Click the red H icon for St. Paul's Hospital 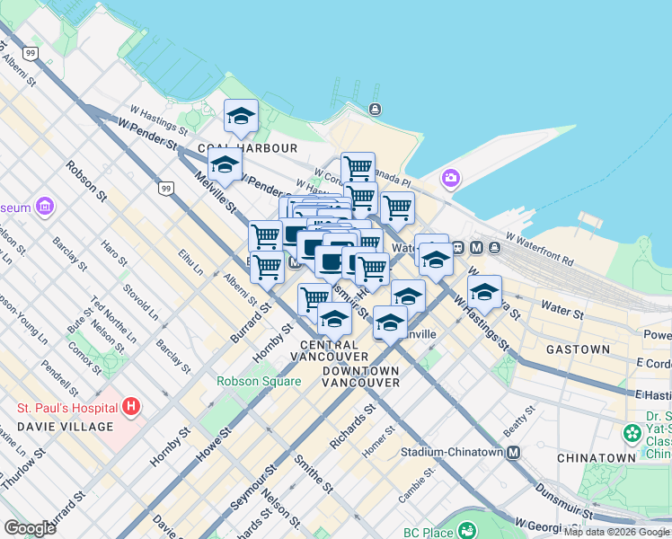tap(132, 407)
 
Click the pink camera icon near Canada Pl tap(450, 179)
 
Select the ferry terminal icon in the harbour tap(374, 110)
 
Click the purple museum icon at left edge tap(44, 208)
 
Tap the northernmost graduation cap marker tap(241, 116)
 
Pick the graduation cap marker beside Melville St tap(225, 164)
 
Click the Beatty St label tap(518, 420)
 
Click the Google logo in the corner tap(30, 528)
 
